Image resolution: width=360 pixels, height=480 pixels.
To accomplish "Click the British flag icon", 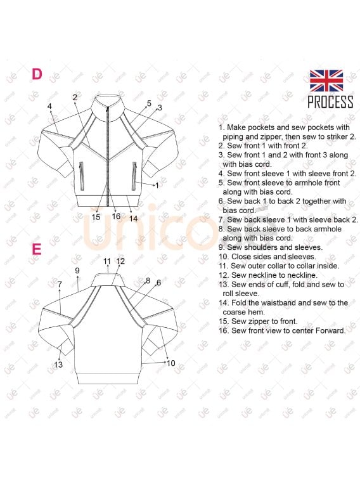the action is tap(326, 81).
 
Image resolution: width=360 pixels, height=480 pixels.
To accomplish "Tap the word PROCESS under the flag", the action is tap(330, 102).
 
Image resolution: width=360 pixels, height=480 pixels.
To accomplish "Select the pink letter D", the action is tap(37, 74).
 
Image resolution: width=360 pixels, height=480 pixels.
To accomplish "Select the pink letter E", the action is tap(37, 249).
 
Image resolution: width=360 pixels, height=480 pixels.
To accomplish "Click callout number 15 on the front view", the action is tap(96, 217).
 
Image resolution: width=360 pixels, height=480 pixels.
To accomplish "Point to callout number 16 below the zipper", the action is tap(116, 216).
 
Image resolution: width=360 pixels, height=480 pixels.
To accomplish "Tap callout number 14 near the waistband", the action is tap(133, 218).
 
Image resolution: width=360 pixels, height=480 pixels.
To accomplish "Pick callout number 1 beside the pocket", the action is tap(157, 185).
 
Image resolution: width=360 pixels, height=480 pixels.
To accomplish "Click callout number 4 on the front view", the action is tap(49, 107).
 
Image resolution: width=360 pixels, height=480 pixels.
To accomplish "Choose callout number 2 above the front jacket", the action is tap(75, 98).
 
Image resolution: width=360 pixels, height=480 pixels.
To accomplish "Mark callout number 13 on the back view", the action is tap(58, 365).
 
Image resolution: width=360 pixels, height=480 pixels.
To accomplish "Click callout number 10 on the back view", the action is tap(170, 363).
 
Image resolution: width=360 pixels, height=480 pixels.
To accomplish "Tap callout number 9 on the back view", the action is tap(77, 270).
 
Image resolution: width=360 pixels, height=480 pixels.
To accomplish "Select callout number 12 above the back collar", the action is tap(121, 261).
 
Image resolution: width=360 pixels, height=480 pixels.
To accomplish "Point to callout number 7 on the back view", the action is tap(60, 285).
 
